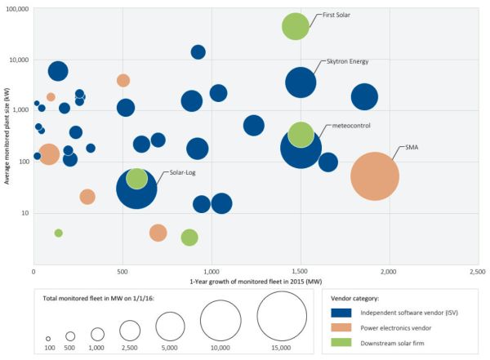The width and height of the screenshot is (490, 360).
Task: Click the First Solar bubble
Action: point(296,26)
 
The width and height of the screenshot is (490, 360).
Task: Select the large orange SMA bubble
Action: point(374,176)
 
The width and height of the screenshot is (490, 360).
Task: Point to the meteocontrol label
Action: point(353,126)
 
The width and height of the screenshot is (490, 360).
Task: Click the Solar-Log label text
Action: point(182,173)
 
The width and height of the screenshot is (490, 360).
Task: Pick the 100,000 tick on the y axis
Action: point(16,9)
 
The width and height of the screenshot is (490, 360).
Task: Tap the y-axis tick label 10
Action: point(24,213)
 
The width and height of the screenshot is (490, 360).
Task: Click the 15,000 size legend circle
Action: point(281,318)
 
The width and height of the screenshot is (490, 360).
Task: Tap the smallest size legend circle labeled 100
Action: point(48,337)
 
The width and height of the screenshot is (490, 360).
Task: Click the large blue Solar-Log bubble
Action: point(143,189)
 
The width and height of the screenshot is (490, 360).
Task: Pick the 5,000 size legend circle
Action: point(170,327)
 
